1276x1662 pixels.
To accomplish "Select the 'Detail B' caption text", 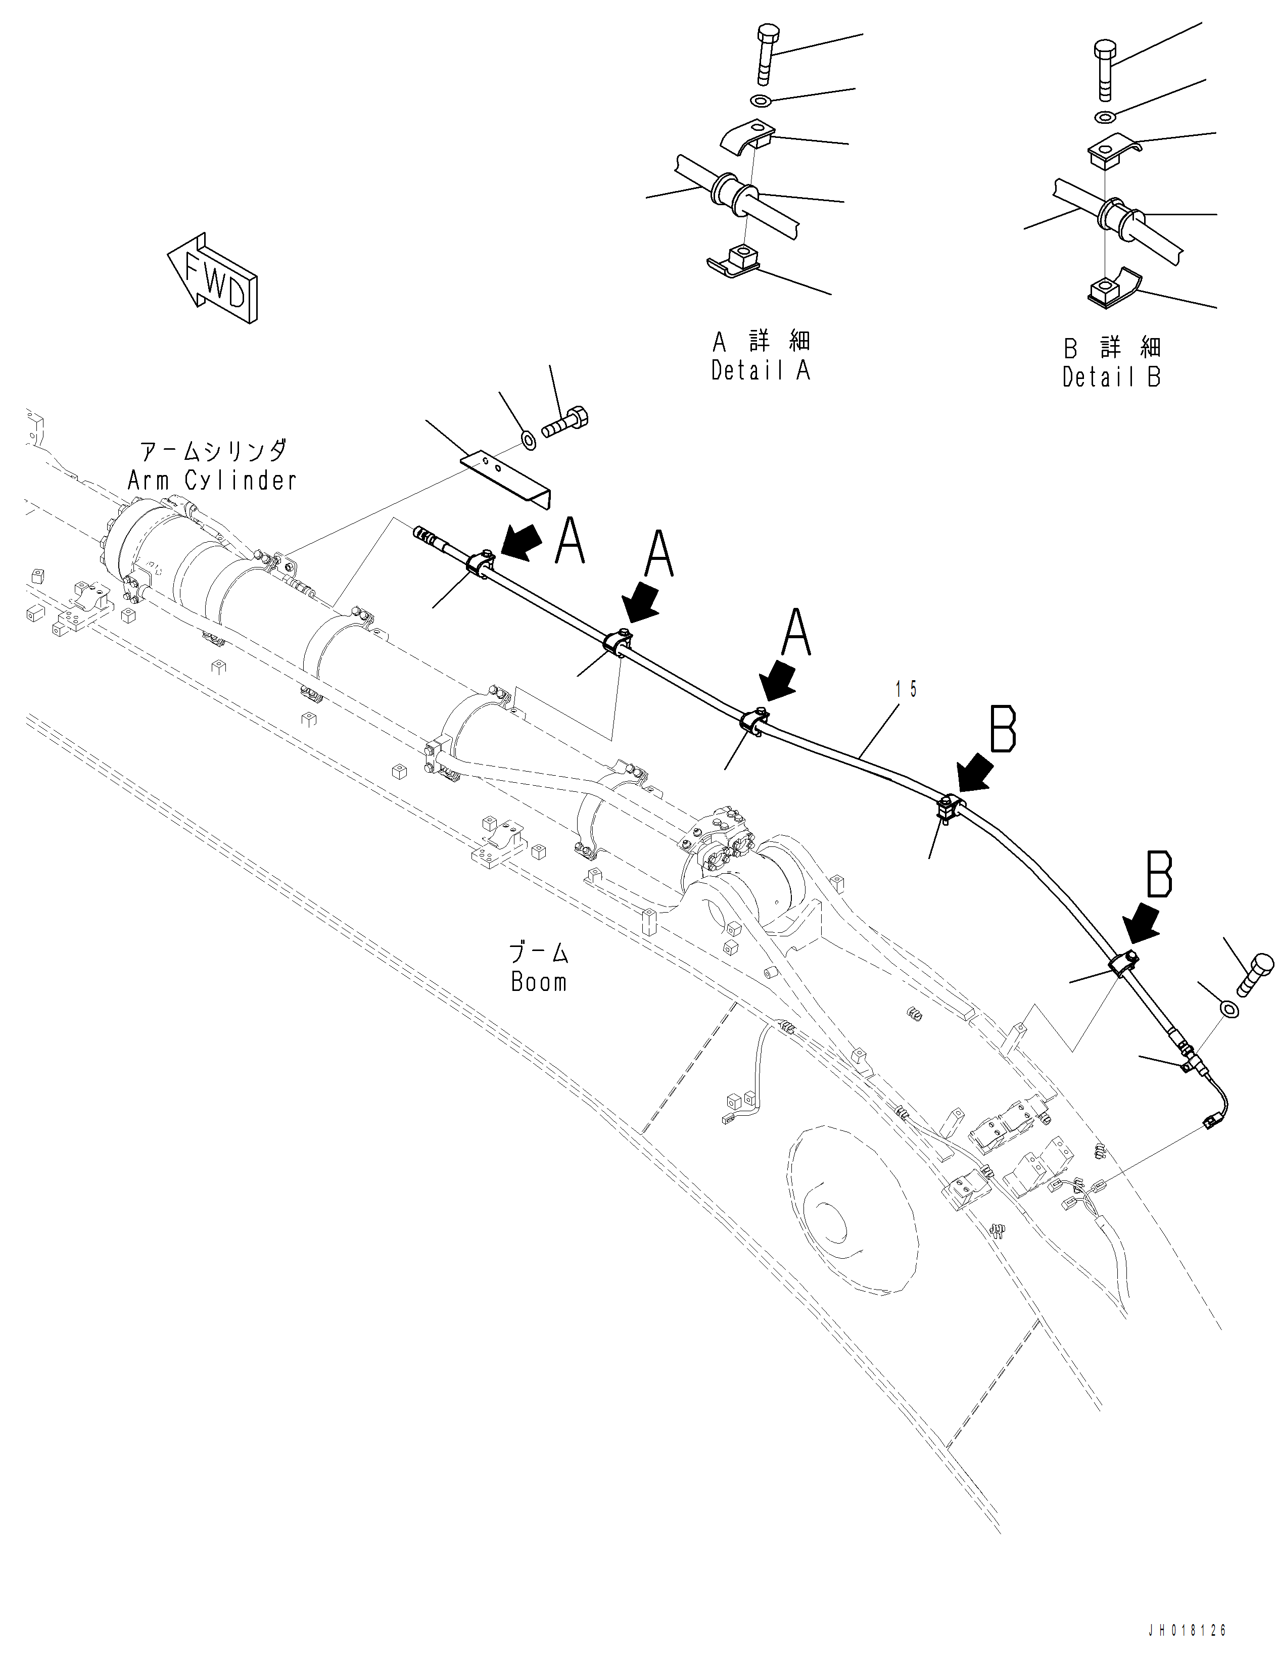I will (x=1111, y=377).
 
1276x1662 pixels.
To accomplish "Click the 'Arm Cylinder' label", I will (x=212, y=480).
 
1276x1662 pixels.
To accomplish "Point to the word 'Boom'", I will (x=539, y=982).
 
